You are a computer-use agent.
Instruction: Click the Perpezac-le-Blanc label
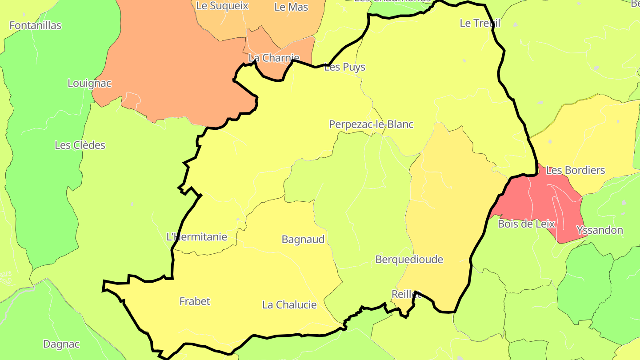(x=371, y=124)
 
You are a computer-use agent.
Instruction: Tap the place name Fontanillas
(x=35, y=25)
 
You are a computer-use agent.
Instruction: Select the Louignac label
(x=89, y=83)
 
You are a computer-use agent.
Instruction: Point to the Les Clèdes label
(x=80, y=145)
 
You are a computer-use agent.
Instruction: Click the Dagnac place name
(x=61, y=344)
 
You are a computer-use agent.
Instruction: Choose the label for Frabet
(x=195, y=301)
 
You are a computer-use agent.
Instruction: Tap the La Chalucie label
(x=289, y=305)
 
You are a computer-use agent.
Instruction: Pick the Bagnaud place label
(x=303, y=240)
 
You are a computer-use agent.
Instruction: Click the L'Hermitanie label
(x=196, y=237)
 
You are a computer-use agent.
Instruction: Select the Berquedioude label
(x=409, y=260)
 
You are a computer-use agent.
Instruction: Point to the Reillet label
(x=406, y=294)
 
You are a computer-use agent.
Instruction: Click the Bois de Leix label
(x=527, y=224)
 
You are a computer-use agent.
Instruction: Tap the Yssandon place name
(x=600, y=230)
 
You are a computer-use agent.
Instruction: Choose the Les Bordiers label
(x=576, y=170)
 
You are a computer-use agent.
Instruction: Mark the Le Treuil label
(x=480, y=23)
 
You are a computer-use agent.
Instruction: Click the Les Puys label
(x=345, y=67)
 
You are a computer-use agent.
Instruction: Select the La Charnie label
(x=274, y=58)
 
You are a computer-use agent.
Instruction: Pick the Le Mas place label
(x=292, y=7)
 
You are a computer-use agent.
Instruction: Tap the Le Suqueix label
(x=222, y=6)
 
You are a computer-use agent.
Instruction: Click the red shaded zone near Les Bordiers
(x=540, y=200)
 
